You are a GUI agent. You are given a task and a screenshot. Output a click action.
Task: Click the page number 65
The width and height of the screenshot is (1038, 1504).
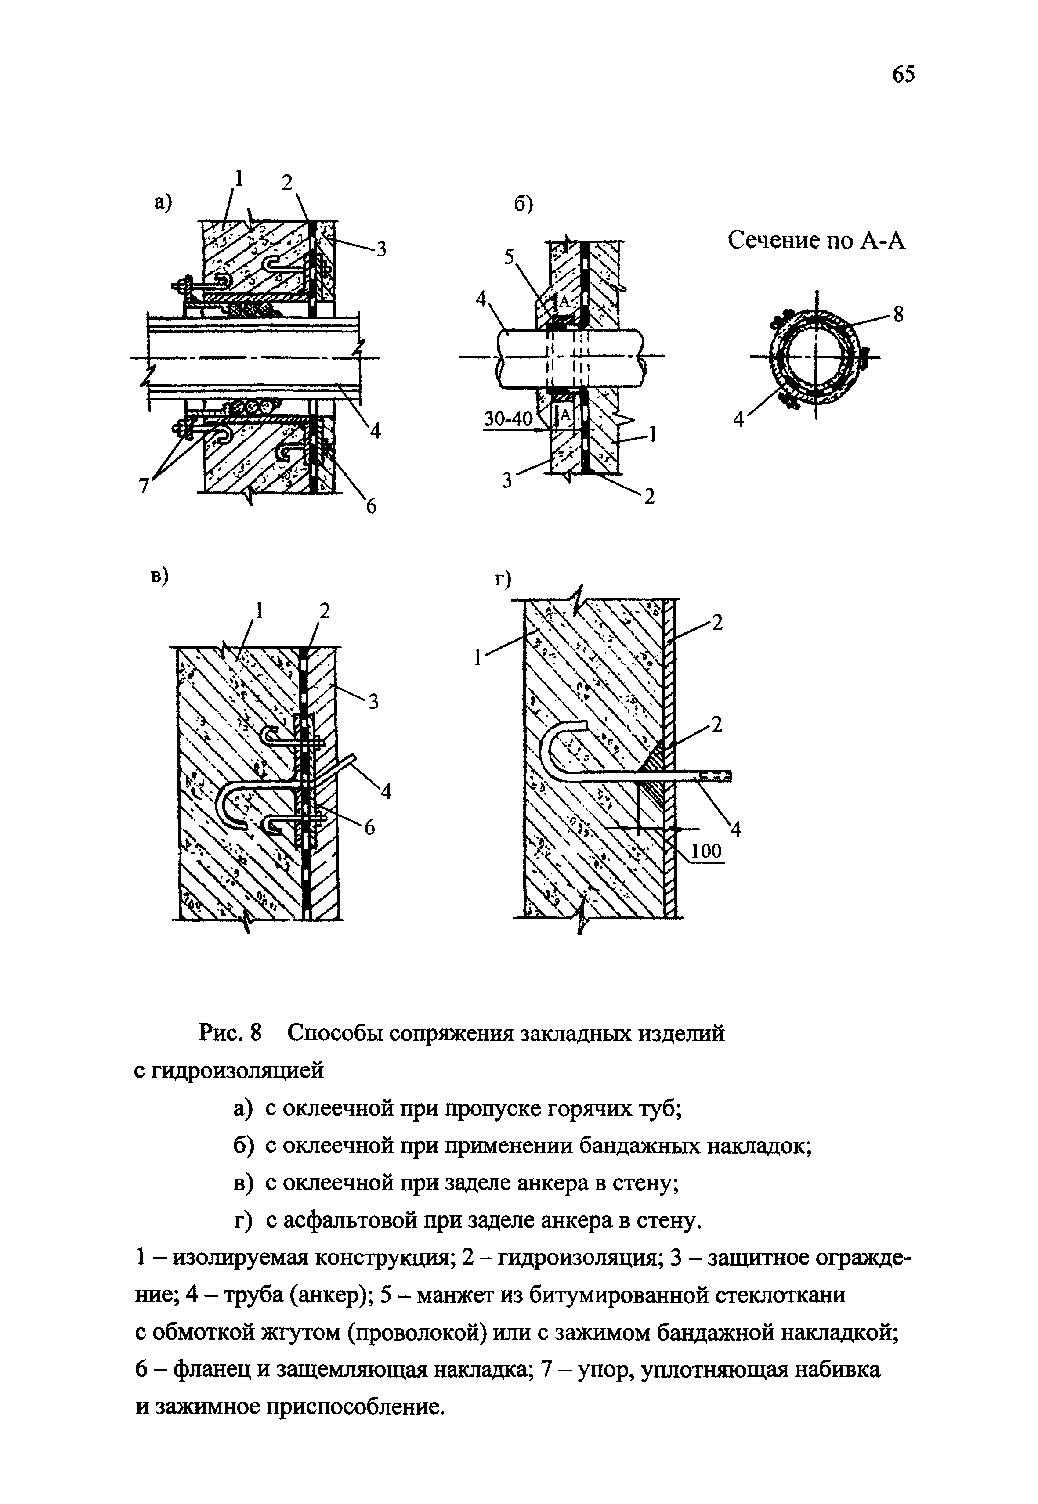[x=903, y=75]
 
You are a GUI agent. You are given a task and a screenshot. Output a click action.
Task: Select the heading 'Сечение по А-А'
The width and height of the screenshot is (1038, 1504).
[x=816, y=241]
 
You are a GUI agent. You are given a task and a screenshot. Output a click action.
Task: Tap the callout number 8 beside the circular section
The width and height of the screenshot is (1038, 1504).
[x=898, y=314]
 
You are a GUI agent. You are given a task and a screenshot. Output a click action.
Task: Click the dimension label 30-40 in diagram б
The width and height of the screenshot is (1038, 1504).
[x=507, y=419]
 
